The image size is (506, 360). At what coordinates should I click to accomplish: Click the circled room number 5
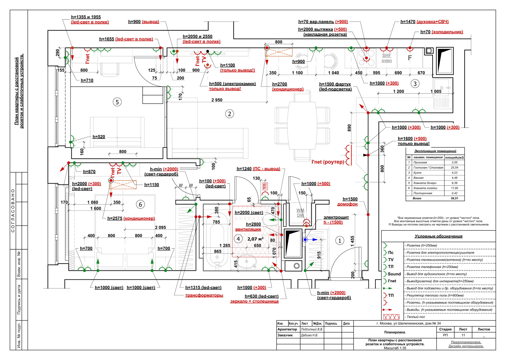click(x=117, y=102)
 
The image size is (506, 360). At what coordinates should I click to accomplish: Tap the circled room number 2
click(x=230, y=114)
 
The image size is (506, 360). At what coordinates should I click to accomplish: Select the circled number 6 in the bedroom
click(x=141, y=204)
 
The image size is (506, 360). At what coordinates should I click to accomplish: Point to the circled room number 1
click(x=340, y=241)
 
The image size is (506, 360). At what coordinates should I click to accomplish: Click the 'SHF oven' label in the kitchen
click(x=386, y=58)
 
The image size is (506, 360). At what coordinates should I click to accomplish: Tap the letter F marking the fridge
click(x=410, y=58)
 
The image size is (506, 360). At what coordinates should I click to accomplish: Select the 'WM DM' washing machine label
click(x=300, y=213)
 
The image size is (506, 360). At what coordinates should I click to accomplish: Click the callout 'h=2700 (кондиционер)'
click(x=288, y=87)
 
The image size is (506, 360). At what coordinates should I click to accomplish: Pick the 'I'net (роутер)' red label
click(x=327, y=162)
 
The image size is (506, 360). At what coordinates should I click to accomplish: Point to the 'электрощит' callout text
click(x=336, y=217)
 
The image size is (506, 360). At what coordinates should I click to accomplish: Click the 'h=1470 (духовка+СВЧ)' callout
click(x=424, y=22)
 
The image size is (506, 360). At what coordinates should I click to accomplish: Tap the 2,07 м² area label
click(x=255, y=239)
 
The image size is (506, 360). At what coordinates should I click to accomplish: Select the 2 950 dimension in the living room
click(x=217, y=100)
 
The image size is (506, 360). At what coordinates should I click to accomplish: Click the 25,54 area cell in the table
click(x=454, y=168)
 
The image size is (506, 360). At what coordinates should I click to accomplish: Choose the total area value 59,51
click(x=454, y=198)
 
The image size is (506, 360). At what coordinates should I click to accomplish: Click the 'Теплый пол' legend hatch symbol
click(x=391, y=317)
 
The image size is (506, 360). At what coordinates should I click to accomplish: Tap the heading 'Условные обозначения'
click(x=438, y=236)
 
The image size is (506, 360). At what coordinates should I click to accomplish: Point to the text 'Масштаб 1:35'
click(x=395, y=348)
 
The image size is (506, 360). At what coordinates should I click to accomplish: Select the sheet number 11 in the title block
click(x=463, y=335)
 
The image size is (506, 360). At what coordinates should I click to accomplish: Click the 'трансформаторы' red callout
click(x=204, y=295)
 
